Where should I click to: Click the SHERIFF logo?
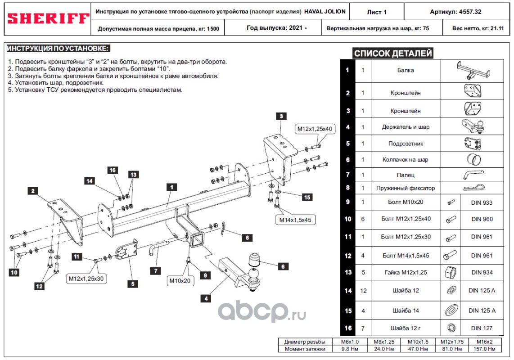click(48, 18)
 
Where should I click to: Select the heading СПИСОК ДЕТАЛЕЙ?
click(393, 54)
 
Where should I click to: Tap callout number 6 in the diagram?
click(283, 266)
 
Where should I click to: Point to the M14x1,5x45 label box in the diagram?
click(294, 220)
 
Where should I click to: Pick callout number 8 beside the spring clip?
click(247, 238)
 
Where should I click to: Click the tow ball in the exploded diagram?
click(253, 275)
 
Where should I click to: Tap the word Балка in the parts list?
click(406, 70)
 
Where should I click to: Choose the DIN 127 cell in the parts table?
click(482, 328)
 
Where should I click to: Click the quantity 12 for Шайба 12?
click(363, 291)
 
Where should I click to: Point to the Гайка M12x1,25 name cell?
click(406, 272)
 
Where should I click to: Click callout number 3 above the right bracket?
click(280, 116)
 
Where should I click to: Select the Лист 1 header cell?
click(377, 12)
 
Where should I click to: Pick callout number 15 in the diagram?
click(307, 197)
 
